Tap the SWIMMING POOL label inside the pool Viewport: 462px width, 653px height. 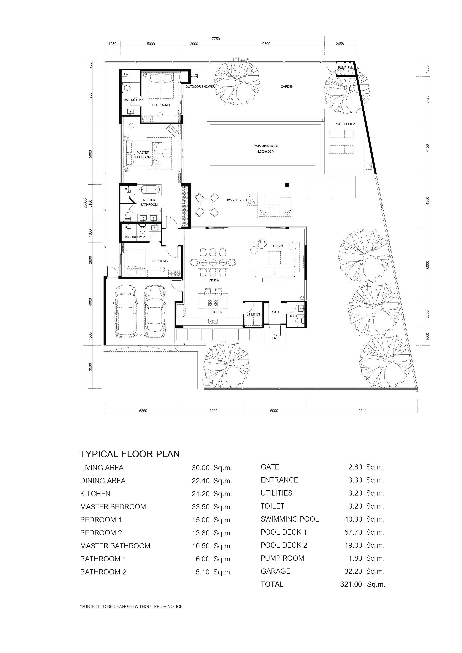tap(266, 146)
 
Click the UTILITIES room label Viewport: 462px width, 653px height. tap(253, 314)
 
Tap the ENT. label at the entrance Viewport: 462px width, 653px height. tap(275, 338)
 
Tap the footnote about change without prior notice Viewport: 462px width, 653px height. tap(131, 606)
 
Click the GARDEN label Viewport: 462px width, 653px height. tap(287, 86)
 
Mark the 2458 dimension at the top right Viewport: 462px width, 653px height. tap(340, 44)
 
